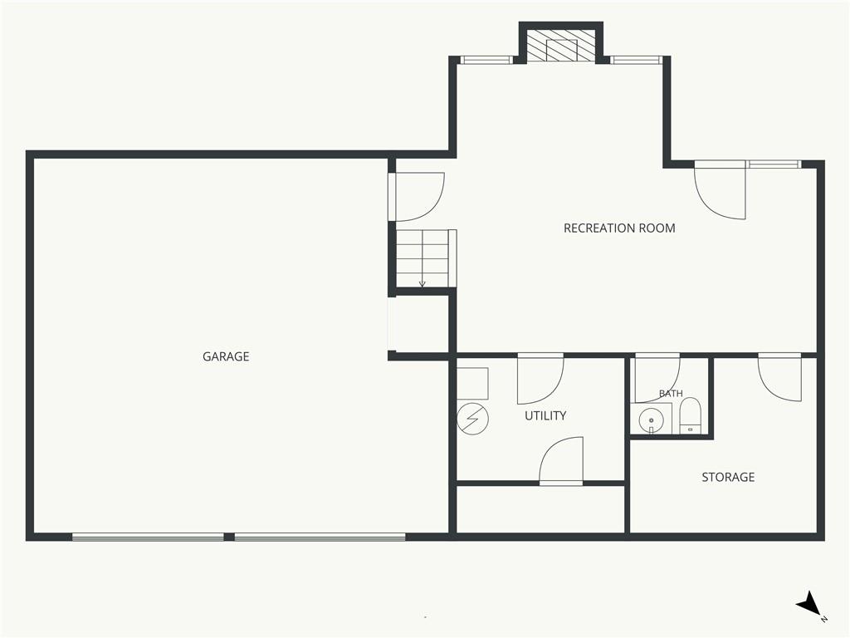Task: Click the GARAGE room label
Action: coord(226,356)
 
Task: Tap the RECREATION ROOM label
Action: coord(619,228)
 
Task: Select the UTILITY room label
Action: coord(545,415)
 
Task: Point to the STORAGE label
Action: coord(728,477)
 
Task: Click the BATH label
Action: coord(671,393)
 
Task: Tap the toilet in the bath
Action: coord(690,415)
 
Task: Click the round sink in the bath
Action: coord(651,420)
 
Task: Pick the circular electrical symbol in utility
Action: coord(472,419)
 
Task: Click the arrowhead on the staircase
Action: coord(423,284)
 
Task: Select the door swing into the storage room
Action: coord(779,377)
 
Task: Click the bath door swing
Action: coord(657,378)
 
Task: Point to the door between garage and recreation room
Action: coord(418,197)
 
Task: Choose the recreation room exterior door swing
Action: coord(721,190)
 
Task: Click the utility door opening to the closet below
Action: coord(561,460)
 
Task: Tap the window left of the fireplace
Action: coord(486,60)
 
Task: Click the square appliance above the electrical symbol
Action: coord(472,384)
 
